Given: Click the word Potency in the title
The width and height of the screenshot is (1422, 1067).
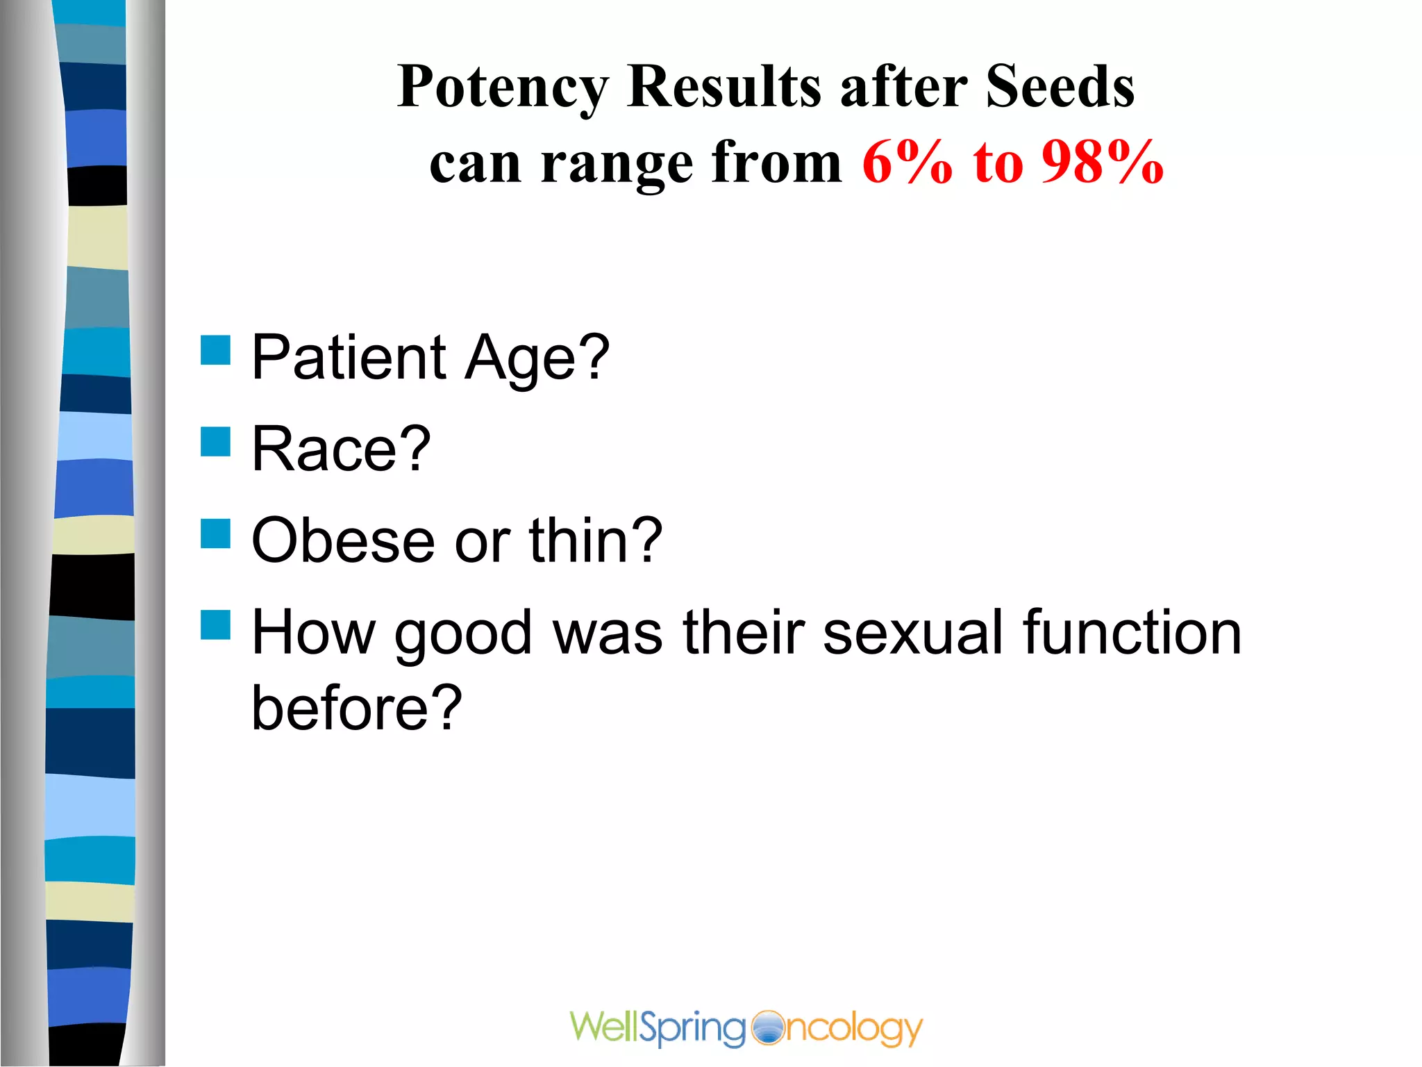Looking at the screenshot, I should [x=503, y=88].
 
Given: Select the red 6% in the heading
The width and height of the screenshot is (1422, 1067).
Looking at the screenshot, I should [x=907, y=163].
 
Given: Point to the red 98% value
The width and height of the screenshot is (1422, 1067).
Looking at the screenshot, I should [x=1102, y=163].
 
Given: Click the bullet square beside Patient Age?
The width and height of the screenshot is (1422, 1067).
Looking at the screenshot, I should [x=215, y=350].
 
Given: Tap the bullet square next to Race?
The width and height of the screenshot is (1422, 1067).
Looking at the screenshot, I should [x=215, y=442].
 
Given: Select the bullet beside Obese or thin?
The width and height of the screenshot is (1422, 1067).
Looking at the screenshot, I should [x=215, y=533].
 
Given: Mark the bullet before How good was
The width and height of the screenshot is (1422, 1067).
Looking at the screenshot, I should [x=215, y=625].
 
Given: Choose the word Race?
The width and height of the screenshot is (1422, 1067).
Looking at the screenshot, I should [x=341, y=449].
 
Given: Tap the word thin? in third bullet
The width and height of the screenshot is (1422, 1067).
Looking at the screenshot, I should [x=595, y=540].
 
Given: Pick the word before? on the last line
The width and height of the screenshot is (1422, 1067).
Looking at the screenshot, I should [x=356, y=709].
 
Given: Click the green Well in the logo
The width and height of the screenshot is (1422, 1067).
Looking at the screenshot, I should [x=603, y=1027].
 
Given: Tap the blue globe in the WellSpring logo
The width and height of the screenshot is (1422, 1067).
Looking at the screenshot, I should [x=767, y=1028].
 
